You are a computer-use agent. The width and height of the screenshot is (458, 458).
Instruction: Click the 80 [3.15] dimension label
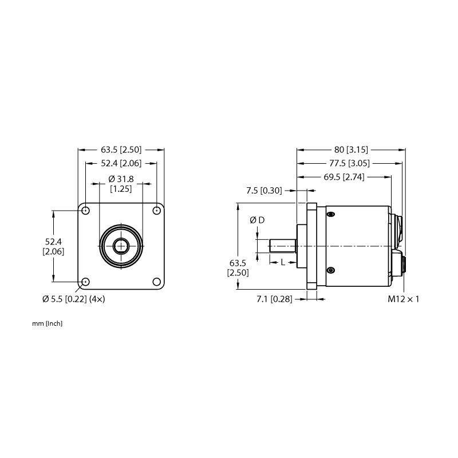(351, 150)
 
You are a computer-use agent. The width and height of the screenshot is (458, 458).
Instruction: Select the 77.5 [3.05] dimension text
(349, 163)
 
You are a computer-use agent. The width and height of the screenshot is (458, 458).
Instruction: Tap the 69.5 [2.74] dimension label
(344, 177)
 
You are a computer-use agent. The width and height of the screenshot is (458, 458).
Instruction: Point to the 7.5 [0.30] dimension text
(264, 191)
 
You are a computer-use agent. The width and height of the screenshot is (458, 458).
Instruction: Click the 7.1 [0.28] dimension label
(274, 299)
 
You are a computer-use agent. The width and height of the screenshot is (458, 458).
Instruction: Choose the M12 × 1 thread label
(404, 299)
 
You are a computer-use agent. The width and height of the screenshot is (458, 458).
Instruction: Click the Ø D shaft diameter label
(257, 220)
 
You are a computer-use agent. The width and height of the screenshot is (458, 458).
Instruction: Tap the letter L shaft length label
(282, 263)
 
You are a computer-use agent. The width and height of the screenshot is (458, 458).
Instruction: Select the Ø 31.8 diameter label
(121, 179)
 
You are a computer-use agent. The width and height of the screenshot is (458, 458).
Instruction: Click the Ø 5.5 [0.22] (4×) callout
(74, 299)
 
